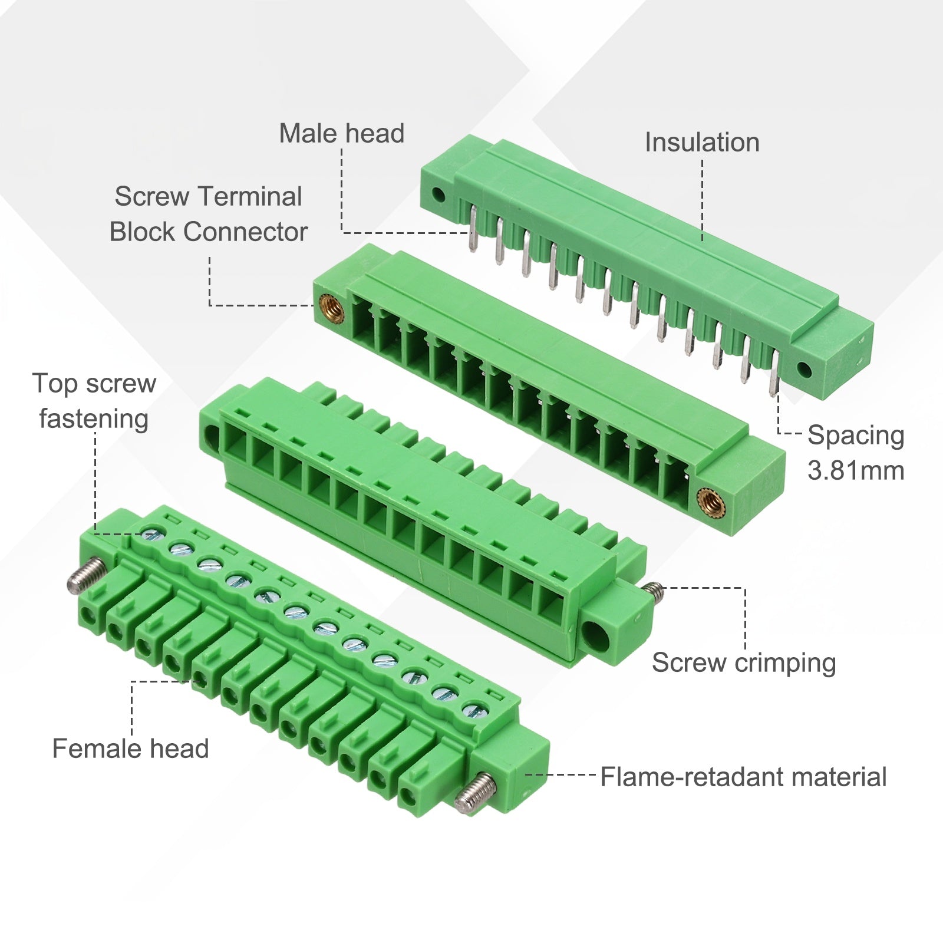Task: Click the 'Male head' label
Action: [x=342, y=134]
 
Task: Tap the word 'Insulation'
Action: [x=702, y=143]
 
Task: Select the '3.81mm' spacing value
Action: [x=856, y=471]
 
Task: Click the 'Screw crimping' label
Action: [x=744, y=663]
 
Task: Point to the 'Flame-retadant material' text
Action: [x=743, y=777]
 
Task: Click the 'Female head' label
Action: [x=131, y=749]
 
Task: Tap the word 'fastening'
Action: [x=94, y=420]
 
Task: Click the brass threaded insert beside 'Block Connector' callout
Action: [x=332, y=307]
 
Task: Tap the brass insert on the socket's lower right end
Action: [x=709, y=502]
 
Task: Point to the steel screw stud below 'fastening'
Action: [x=86, y=576]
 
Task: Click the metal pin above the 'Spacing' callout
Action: [x=774, y=372]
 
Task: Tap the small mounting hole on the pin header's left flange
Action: [x=438, y=194]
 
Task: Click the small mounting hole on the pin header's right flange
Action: [x=804, y=370]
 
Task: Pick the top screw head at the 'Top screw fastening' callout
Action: [x=153, y=535]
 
